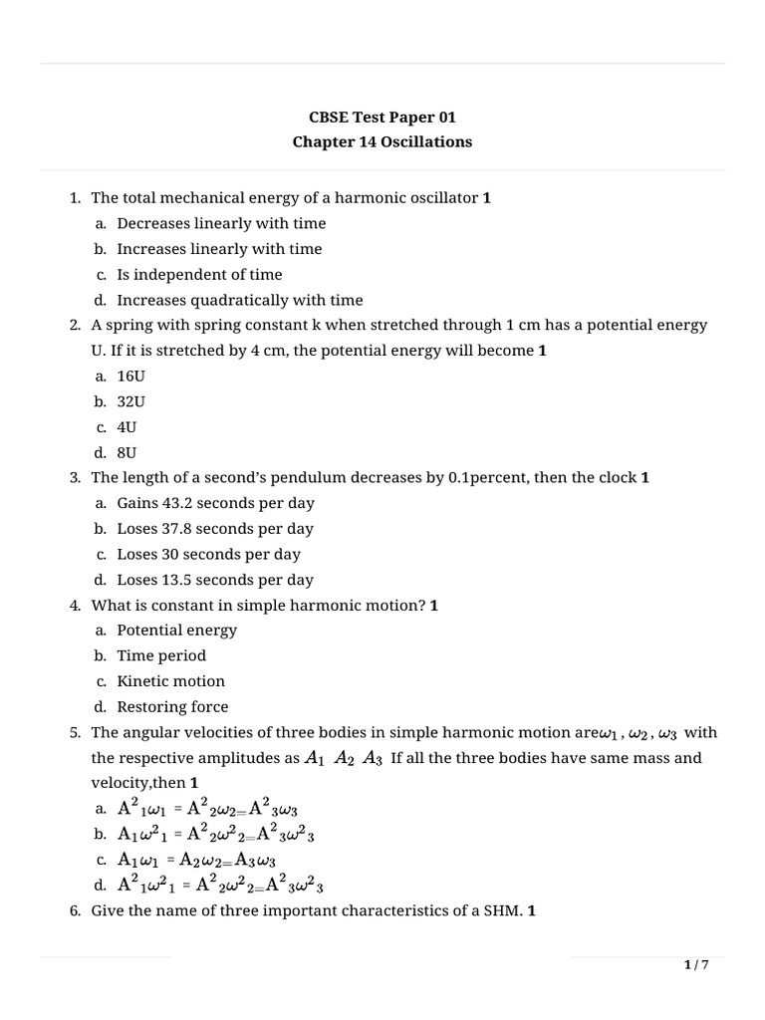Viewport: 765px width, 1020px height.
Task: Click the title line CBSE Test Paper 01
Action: pyautogui.click(x=382, y=117)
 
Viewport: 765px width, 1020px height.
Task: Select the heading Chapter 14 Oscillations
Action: pyautogui.click(x=382, y=141)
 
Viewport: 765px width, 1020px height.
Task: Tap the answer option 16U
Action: pyautogui.click(x=131, y=376)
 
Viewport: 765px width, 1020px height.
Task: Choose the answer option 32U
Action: pyautogui.click(x=131, y=401)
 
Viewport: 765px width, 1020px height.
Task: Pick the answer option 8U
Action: pyautogui.click(x=127, y=452)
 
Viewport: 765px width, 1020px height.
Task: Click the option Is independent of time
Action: pyautogui.click(x=199, y=274)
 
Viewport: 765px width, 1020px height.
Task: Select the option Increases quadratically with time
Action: pyautogui.click(x=239, y=300)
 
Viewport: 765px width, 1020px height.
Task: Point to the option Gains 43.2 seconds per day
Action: pyautogui.click(x=214, y=503)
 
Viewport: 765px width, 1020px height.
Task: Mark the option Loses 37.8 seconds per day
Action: pyautogui.click(x=214, y=529)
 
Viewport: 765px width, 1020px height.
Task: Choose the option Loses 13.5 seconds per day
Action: pyautogui.click(x=214, y=580)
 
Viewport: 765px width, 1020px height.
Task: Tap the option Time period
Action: pyautogui.click(x=161, y=655)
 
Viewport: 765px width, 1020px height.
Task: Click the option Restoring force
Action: pyautogui.click(x=172, y=707)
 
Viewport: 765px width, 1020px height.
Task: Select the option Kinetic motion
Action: pyautogui.click(x=170, y=681)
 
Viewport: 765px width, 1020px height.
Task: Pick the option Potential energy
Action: pyautogui.click(x=177, y=631)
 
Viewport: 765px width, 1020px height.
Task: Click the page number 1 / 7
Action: pyautogui.click(x=696, y=965)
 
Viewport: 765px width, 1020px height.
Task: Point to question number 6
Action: pyautogui.click(x=76, y=910)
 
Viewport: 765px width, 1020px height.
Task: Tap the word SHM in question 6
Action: pyautogui.click(x=504, y=910)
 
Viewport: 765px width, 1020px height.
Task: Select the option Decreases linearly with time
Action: pyautogui.click(x=221, y=223)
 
